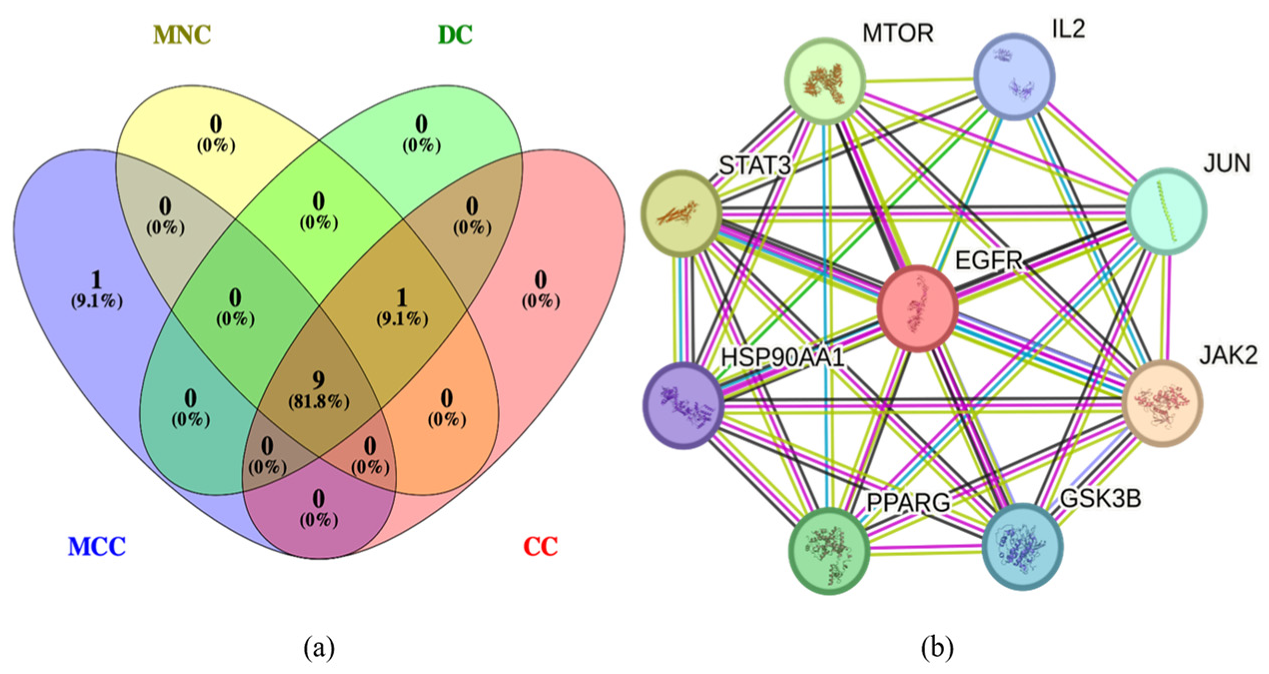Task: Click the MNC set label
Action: click(x=182, y=35)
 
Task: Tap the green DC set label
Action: click(x=454, y=35)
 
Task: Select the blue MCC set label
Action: click(x=97, y=547)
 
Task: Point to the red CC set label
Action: click(x=540, y=547)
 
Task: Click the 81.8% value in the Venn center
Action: click(x=318, y=402)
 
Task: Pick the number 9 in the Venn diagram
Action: click(x=318, y=380)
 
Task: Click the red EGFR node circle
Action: click(x=918, y=308)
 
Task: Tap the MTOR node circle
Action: click(x=826, y=80)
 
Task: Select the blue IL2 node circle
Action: click(x=1014, y=76)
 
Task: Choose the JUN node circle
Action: click(x=1166, y=211)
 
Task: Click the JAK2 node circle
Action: click(x=1162, y=403)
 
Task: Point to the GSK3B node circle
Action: click(x=1022, y=547)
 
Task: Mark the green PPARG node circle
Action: click(x=829, y=551)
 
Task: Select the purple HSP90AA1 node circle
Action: click(x=683, y=405)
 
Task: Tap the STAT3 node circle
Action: click(x=681, y=213)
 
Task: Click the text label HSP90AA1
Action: click(x=782, y=357)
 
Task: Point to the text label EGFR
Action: click(x=988, y=261)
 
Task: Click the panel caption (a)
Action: click(x=319, y=648)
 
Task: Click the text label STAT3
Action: click(x=755, y=165)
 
